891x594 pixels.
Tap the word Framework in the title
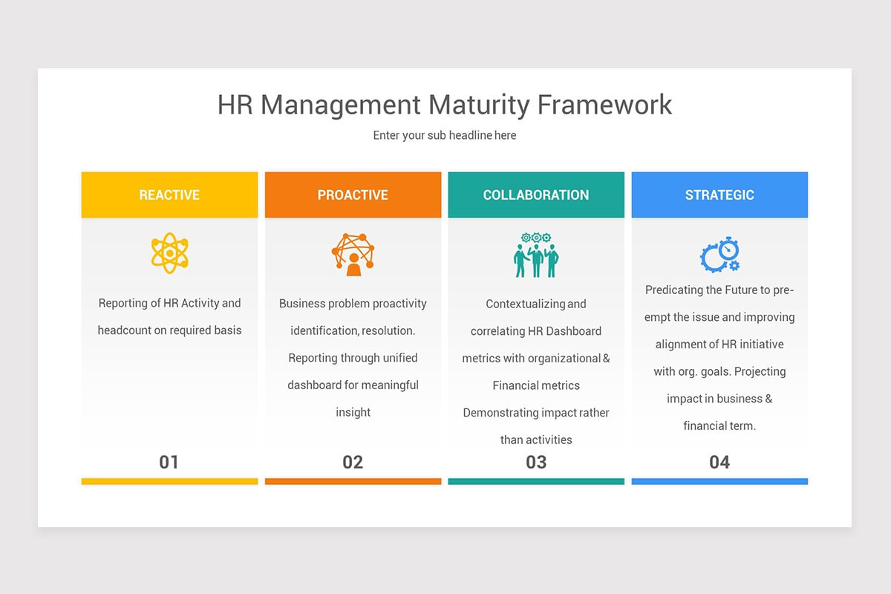pyautogui.click(x=604, y=105)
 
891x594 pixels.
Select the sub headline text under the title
pyautogui.click(x=445, y=135)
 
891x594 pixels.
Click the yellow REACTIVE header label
pyautogui.click(x=169, y=195)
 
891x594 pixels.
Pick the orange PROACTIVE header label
pyautogui.click(x=353, y=195)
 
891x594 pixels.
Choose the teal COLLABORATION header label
pyautogui.click(x=536, y=195)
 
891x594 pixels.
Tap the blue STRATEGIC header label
pyautogui.click(x=719, y=195)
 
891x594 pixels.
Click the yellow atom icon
pyautogui.click(x=169, y=253)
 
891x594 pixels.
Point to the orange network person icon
pyautogui.click(x=353, y=254)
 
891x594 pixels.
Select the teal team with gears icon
pyautogui.click(x=536, y=255)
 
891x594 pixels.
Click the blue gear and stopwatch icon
pyautogui.click(x=720, y=255)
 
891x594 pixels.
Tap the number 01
pyautogui.click(x=169, y=462)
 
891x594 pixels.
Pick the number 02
pyautogui.click(x=353, y=462)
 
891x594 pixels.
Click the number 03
pyautogui.click(x=536, y=462)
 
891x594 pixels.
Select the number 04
pyautogui.click(x=719, y=462)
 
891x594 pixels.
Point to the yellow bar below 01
pyautogui.click(x=169, y=481)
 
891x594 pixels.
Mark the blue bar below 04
pyautogui.click(x=719, y=481)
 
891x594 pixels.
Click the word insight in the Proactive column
pyautogui.click(x=353, y=412)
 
